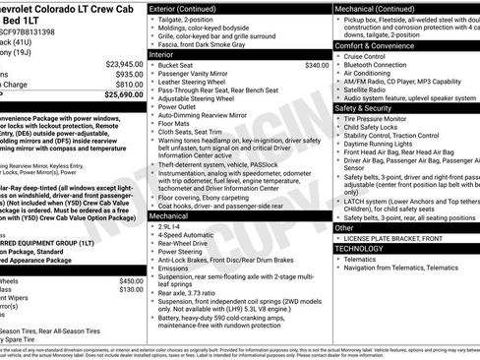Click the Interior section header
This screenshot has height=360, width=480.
coord(163,55)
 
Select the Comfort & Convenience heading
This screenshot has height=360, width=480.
coord(381,45)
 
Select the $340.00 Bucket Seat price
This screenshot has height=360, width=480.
coord(317,66)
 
